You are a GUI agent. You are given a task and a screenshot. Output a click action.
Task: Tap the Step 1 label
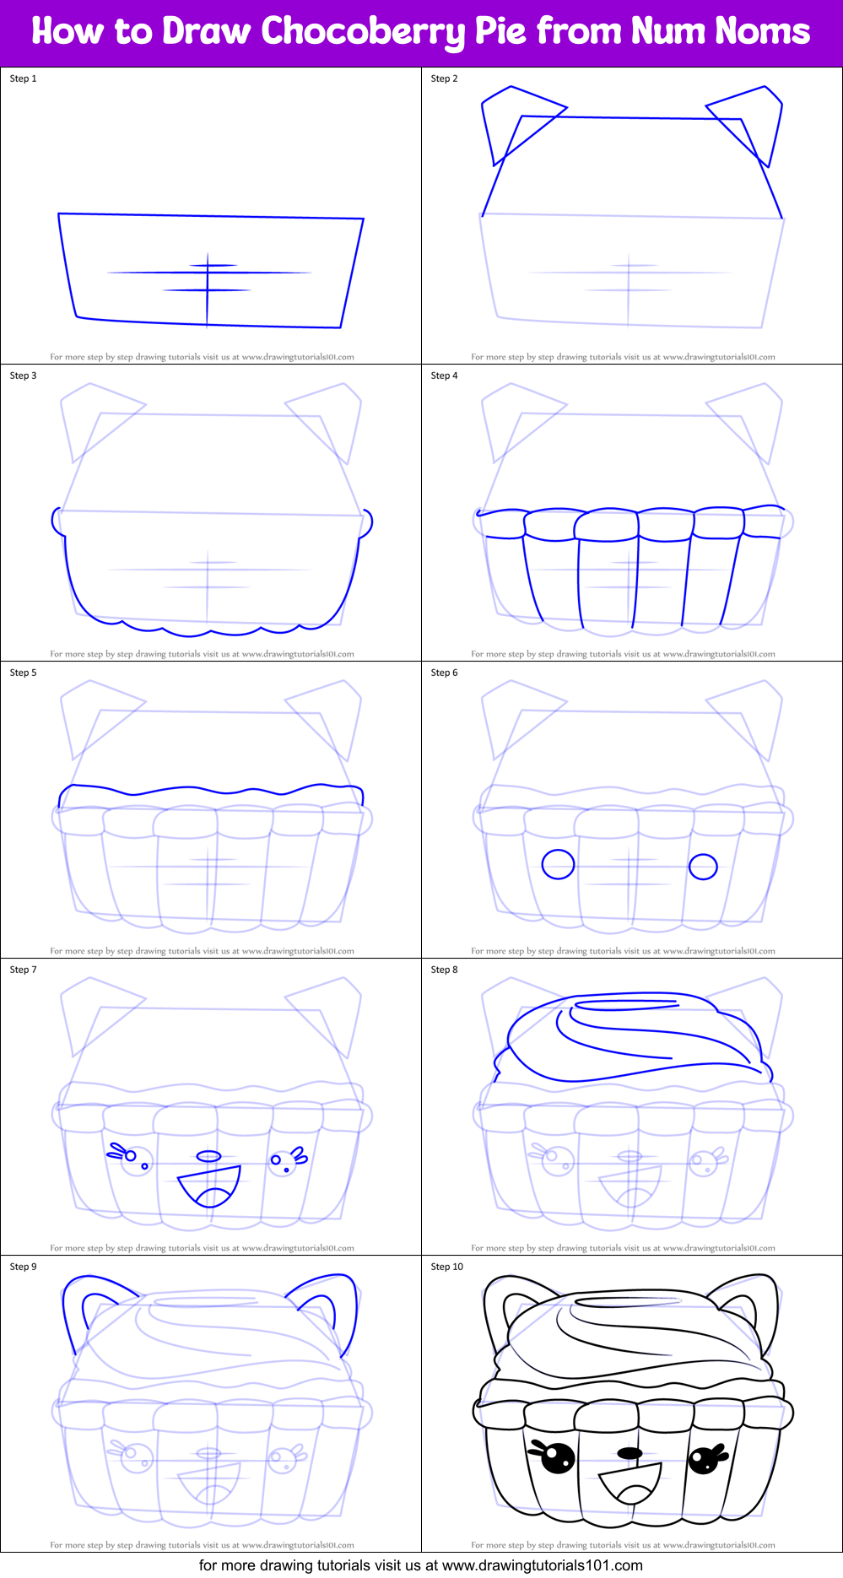23,78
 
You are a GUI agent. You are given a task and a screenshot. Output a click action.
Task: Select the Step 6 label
444,673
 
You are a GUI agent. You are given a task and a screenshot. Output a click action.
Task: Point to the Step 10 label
446,1267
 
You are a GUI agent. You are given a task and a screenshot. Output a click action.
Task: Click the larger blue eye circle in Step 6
558,864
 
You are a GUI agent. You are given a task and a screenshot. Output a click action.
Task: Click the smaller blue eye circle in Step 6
703,867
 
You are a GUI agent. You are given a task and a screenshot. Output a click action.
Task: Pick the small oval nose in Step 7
208,1156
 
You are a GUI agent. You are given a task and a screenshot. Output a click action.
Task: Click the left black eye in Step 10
556,1457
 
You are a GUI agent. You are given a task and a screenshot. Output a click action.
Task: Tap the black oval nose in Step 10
630,1453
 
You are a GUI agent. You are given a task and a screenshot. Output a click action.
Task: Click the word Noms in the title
762,32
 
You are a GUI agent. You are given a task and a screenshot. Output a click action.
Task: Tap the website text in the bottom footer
542,1565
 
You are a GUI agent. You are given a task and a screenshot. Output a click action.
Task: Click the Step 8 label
444,970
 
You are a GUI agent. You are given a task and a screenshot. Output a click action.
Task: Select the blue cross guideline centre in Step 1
208,273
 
